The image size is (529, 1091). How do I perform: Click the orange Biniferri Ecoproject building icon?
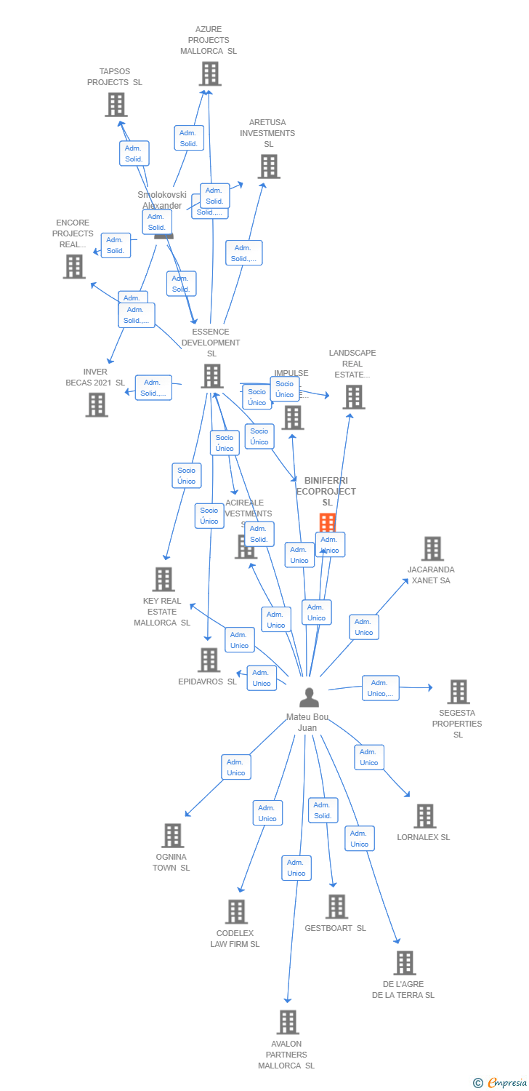(x=328, y=522)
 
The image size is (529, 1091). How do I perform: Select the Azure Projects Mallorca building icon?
(x=210, y=73)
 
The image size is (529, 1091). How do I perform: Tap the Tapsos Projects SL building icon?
(x=116, y=105)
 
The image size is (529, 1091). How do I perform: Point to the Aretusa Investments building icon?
(x=269, y=167)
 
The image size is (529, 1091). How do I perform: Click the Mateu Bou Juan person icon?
(x=310, y=698)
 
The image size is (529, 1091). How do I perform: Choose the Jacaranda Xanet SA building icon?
(x=432, y=548)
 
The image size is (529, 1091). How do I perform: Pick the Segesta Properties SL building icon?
(x=459, y=692)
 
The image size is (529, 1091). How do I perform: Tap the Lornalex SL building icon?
(x=425, y=816)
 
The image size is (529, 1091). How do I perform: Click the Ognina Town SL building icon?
(x=172, y=836)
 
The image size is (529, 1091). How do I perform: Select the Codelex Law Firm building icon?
(x=236, y=911)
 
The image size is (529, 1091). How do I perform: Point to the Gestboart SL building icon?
(x=336, y=906)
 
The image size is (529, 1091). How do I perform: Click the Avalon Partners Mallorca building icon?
(x=288, y=1022)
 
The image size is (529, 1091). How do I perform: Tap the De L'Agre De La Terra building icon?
(x=405, y=963)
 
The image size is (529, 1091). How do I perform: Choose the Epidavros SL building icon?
(x=209, y=660)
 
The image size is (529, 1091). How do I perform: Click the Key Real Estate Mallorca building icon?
(x=163, y=579)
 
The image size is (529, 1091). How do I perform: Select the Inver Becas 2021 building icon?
(x=97, y=404)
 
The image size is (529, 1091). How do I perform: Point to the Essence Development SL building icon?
(x=212, y=376)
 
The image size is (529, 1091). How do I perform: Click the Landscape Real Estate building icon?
(x=354, y=396)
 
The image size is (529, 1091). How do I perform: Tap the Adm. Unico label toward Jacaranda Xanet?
(x=364, y=627)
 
